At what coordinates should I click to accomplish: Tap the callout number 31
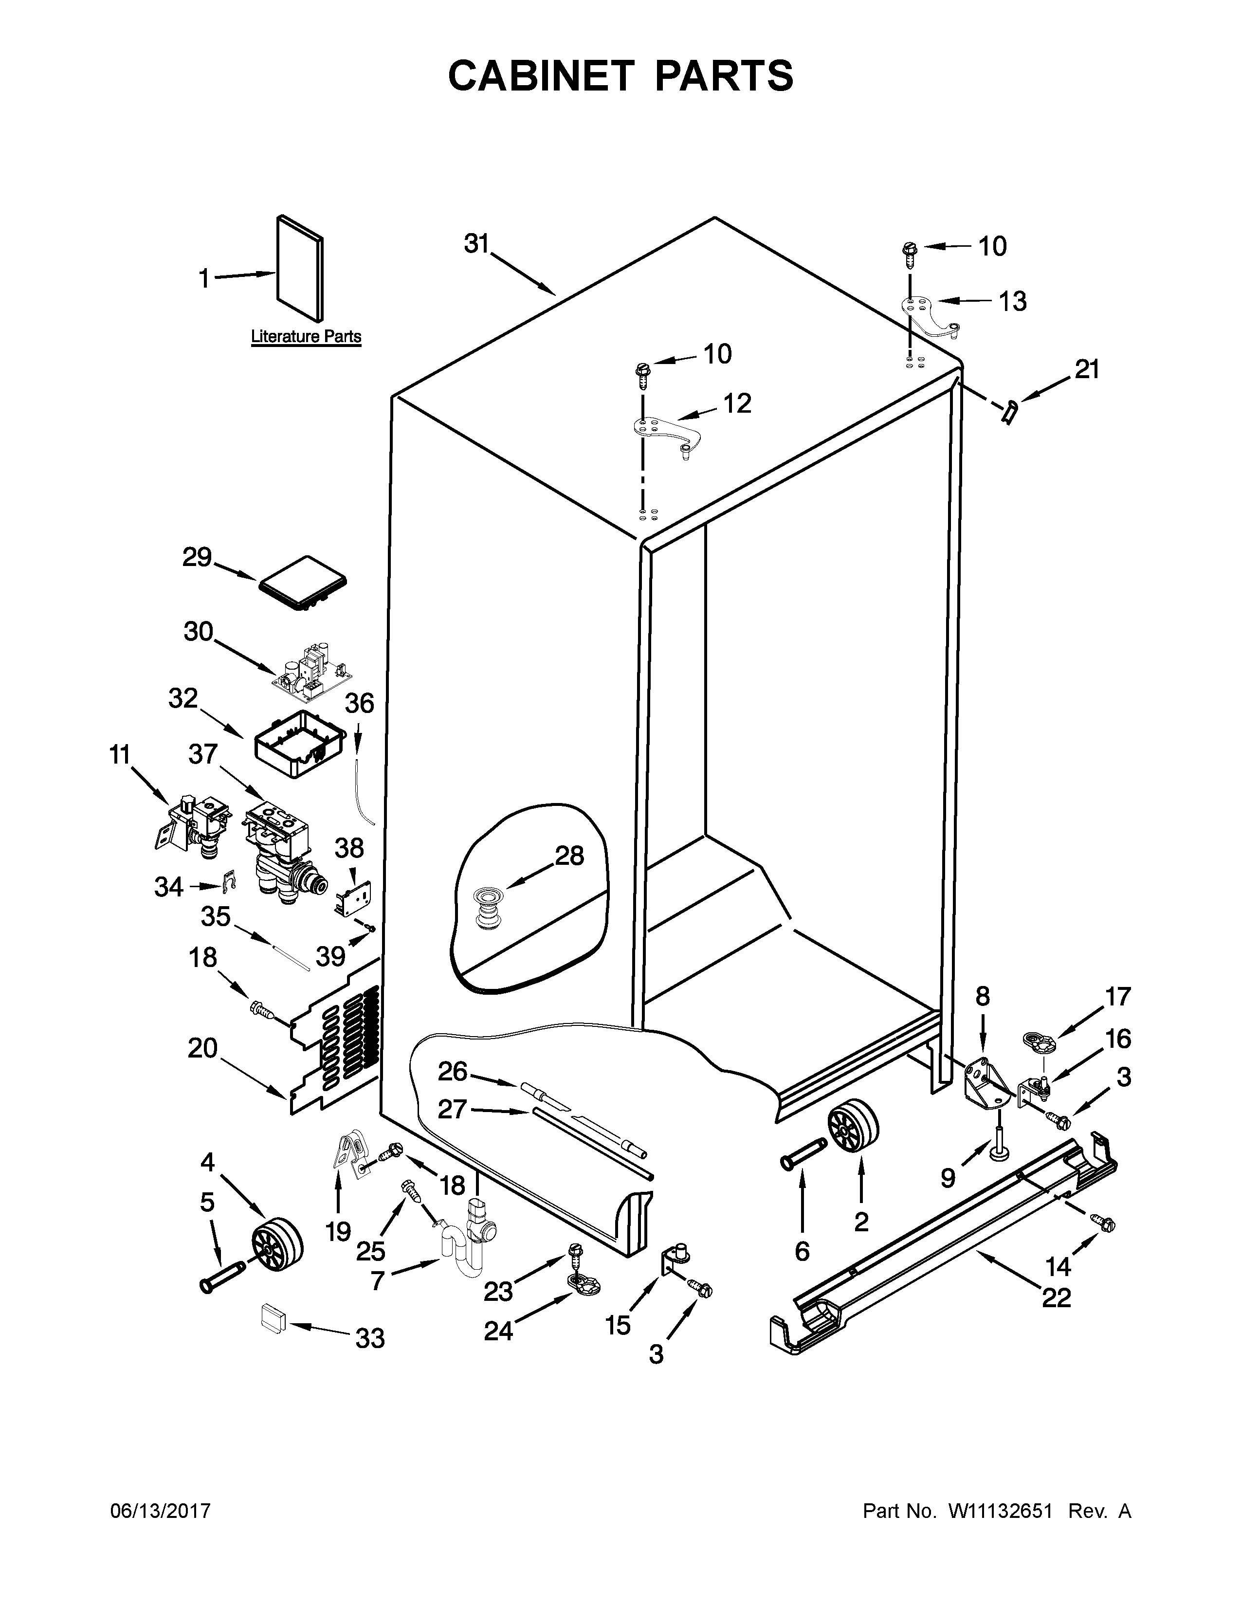[x=476, y=243]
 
